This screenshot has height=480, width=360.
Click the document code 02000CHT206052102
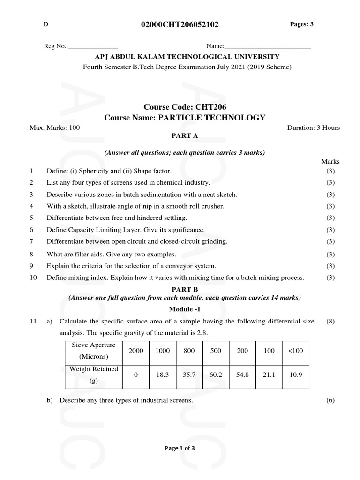point(180,25)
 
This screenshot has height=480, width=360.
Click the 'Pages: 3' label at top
point(302,24)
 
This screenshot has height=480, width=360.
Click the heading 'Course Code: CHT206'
point(185,107)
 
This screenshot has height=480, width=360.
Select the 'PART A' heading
point(185,135)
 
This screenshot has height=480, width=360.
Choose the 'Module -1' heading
point(184,309)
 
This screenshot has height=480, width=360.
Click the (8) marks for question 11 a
point(330,322)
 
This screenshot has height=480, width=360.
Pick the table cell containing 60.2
point(216,375)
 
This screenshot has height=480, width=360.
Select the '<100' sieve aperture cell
point(295,351)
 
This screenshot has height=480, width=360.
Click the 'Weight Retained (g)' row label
point(94,375)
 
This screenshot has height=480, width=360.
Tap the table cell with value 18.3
point(162,375)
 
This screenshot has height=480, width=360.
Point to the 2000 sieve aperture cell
point(136,351)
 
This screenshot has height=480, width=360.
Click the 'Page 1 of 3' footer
point(180,448)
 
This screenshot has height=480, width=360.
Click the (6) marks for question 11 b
point(330,400)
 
